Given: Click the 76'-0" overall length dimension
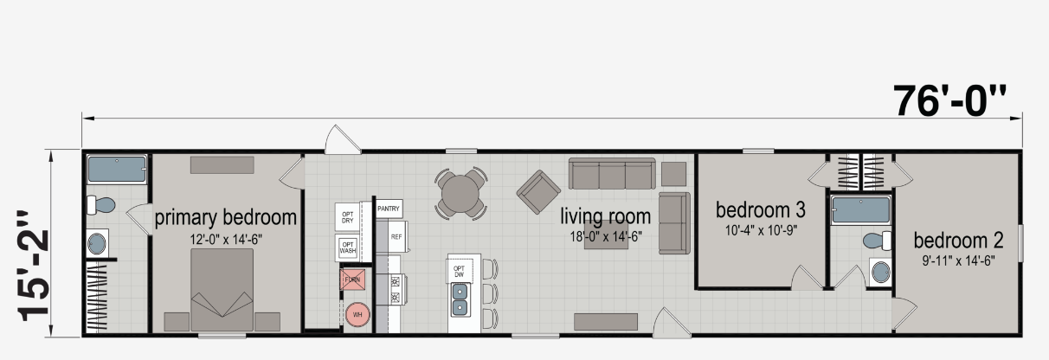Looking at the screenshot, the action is (x=949, y=100).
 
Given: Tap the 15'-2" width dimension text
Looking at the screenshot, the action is (x=33, y=267).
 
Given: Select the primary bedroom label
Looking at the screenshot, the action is (x=225, y=218).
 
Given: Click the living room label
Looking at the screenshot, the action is (x=606, y=216).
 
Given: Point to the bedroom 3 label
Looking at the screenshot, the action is (x=761, y=209).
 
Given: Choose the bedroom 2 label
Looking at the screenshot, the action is (x=958, y=241).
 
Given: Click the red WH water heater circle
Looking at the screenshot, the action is (x=357, y=315).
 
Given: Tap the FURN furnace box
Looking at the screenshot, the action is (x=352, y=280).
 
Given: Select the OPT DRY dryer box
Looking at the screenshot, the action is (x=347, y=217).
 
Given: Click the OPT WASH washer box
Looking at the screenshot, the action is (x=348, y=247).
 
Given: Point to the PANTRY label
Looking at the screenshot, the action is (x=389, y=209).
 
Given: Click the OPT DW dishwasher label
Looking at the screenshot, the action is (x=459, y=272).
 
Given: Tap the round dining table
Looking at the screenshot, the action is (x=460, y=193).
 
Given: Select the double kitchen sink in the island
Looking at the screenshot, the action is (x=460, y=300).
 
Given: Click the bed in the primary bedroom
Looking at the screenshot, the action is (x=222, y=290).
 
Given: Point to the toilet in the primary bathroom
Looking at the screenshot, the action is (x=100, y=205).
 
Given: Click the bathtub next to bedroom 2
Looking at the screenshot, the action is (x=860, y=209).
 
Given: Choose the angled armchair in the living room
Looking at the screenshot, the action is (x=538, y=192).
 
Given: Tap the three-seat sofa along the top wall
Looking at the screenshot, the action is (x=612, y=174).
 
